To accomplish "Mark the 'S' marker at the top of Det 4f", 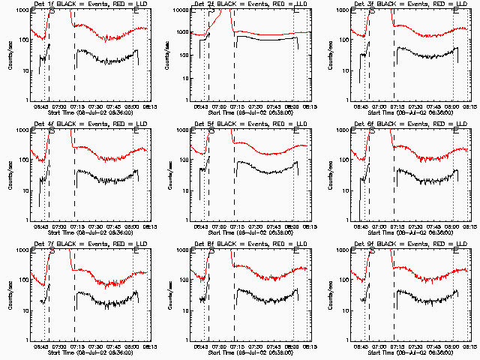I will tap(51, 130).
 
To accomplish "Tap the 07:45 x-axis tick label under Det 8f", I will tap(276, 345).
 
